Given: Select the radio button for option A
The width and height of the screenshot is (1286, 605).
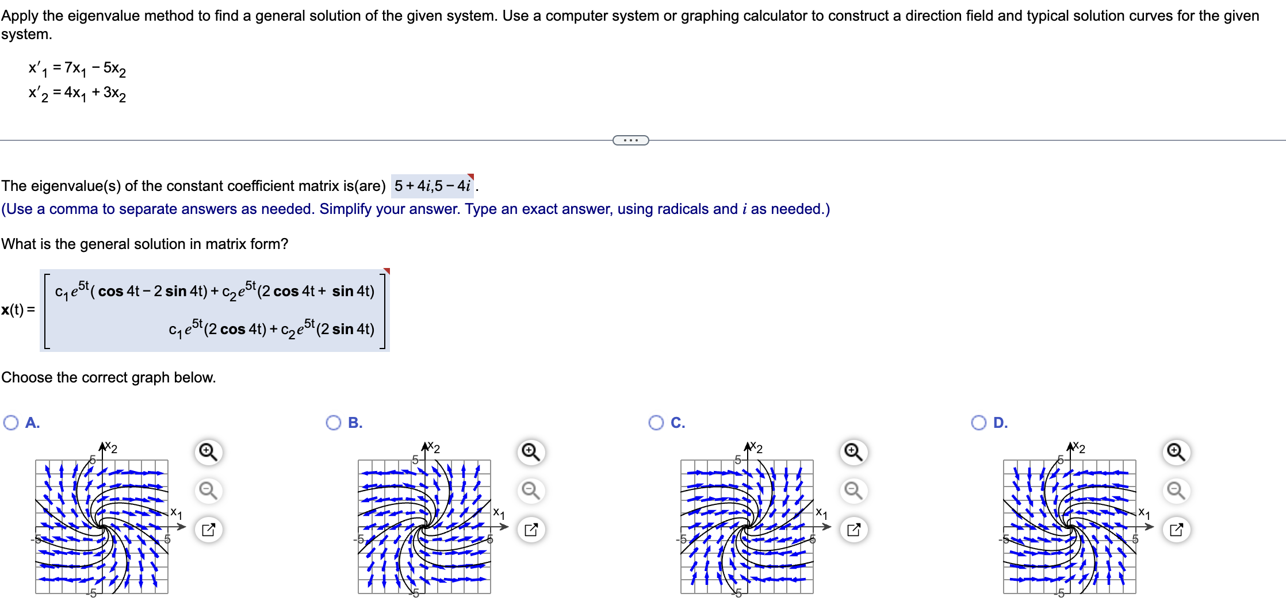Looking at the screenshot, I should [x=11, y=423].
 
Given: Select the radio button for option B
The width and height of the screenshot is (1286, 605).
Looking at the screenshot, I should [x=334, y=423].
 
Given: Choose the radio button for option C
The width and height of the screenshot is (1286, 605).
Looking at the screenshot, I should [x=656, y=423].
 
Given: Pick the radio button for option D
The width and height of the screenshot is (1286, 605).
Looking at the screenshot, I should [x=979, y=423].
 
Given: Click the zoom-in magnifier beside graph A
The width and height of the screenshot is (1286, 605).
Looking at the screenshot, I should [x=208, y=452].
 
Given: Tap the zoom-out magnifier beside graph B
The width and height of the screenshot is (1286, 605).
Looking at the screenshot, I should [x=530, y=491].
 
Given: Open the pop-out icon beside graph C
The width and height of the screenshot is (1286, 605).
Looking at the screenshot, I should [x=853, y=530].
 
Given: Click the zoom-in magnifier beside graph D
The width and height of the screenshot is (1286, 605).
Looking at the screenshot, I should [x=1176, y=452].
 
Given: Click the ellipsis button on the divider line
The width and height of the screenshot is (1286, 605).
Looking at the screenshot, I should [x=630, y=140].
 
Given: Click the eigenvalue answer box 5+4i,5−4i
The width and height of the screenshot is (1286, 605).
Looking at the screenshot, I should [x=433, y=186].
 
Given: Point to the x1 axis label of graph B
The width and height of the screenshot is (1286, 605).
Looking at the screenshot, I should [x=499, y=513].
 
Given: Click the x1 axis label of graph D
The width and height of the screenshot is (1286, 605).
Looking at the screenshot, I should [x=1145, y=513].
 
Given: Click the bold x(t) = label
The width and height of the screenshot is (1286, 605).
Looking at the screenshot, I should [x=18, y=309].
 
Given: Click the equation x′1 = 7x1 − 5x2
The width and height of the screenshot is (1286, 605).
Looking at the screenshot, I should [x=77, y=69].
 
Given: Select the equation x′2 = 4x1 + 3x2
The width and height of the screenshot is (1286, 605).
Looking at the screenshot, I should [x=77, y=93].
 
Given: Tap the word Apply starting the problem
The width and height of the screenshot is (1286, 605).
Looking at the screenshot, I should [x=18, y=16].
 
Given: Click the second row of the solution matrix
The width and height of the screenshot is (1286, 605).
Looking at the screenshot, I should [x=271, y=329].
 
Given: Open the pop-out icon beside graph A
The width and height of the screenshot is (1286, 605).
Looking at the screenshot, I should [x=208, y=530].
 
